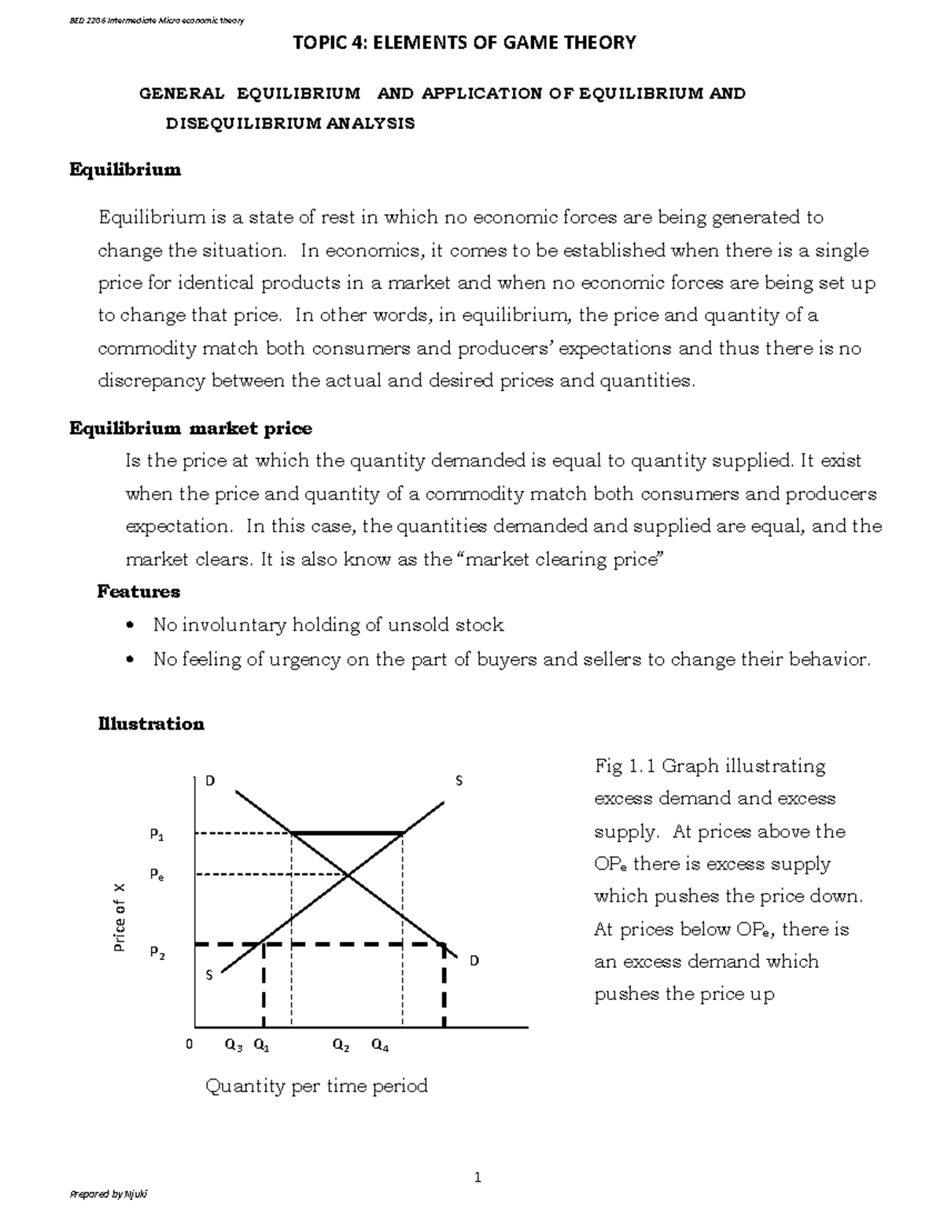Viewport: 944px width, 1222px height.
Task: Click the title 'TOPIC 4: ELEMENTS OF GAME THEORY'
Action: pos(463,42)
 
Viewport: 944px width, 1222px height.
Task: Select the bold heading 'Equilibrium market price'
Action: pos(190,429)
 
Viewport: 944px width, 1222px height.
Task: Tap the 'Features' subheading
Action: pos(138,592)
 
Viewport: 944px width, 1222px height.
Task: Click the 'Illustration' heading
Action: pos(150,724)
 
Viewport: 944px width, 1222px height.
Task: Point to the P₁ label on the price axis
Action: pos(157,835)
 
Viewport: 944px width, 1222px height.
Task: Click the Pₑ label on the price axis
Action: pos(157,875)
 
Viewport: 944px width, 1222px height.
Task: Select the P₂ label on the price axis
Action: pos(157,953)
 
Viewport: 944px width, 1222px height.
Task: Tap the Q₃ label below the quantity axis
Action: pos(234,1046)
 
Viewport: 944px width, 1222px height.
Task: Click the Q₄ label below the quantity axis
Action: pos(380,1046)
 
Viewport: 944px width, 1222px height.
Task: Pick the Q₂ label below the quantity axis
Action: pos(341,1046)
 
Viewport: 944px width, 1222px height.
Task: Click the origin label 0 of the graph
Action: pos(189,1045)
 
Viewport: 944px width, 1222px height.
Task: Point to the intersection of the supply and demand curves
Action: pos(348,873)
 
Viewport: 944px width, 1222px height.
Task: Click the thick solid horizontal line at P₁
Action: pos(348,833)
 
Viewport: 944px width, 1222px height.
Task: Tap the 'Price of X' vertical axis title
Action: pos(120,917)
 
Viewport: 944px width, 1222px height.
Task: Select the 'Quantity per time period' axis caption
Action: pos(316,1087)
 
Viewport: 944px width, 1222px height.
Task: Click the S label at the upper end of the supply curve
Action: pos(459,781)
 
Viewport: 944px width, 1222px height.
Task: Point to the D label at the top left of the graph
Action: pos(209,781)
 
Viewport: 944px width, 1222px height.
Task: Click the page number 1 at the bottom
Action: pos(477,1178)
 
